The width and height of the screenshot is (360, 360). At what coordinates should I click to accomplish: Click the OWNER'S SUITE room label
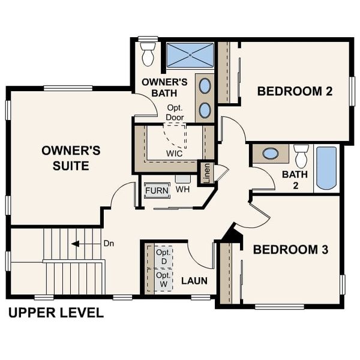66,157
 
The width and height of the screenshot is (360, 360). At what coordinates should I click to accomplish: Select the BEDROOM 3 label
290,250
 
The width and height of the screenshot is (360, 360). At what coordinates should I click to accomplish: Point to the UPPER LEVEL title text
55,313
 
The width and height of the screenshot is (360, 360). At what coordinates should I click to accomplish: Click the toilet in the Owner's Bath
148,54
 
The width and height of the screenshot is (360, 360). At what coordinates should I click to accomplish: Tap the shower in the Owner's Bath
190,55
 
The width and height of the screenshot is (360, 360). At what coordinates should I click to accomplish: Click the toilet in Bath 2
301,156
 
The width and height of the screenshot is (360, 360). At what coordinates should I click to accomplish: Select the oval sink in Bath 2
270,154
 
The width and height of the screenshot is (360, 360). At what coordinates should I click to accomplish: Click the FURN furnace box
157,191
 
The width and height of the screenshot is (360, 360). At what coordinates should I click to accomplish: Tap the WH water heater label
182,190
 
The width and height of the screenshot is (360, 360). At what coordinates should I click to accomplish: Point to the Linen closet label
206,174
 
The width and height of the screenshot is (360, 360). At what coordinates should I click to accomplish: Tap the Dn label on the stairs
109,244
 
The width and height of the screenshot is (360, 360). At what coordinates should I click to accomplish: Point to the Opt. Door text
175,113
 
